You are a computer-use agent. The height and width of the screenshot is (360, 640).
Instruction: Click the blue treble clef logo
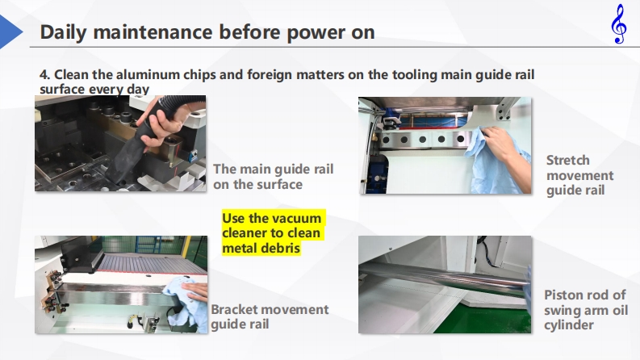[x=619, y=23]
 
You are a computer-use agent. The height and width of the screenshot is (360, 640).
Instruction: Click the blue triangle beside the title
[x=11, y=31]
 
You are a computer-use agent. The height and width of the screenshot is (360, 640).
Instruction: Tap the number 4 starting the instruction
[x=44, y=75]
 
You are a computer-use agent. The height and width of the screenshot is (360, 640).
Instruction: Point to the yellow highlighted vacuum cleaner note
[x=273, y=233]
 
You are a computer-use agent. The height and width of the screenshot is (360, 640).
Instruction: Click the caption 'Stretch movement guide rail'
[x=579, y=175]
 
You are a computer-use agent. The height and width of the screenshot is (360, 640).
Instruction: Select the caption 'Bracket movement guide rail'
[x=270, y=316]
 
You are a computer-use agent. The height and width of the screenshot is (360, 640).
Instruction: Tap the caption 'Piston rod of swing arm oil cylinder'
[x=586, y=310]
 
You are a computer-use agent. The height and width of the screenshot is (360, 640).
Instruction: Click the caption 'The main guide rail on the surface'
[x=273, y=177]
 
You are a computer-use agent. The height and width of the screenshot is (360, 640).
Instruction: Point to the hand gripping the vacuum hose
[x=159, y=123]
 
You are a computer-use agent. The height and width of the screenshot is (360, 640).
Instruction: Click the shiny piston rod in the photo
[x=444, y=277]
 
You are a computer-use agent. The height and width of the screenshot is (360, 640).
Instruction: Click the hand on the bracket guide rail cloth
[x=195, y=291]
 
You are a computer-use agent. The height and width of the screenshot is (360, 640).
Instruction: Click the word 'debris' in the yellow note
[x=281, y=248]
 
